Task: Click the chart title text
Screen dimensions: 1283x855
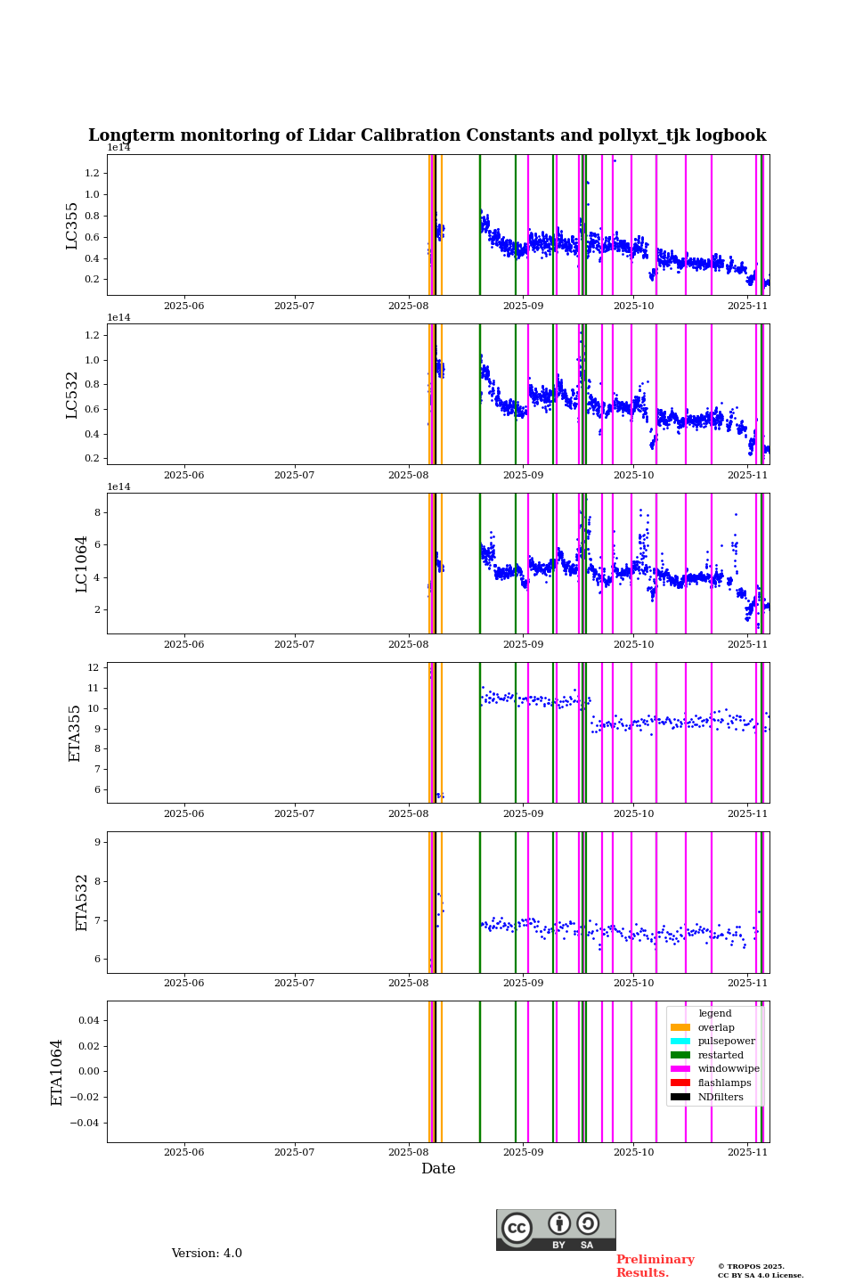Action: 427,135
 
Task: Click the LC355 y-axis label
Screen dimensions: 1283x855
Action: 72,225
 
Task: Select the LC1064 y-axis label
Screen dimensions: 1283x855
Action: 82,564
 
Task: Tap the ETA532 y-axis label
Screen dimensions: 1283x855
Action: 82,903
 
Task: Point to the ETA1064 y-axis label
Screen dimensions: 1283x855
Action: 57,1072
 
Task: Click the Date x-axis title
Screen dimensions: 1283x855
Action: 438,1169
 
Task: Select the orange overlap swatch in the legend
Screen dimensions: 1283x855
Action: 680,1027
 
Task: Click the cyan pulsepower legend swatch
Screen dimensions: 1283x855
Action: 680,1042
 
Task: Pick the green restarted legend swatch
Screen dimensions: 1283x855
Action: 680,1055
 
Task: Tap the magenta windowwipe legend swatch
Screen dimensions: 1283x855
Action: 680,1069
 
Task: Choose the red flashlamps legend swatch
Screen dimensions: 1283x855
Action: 680,1083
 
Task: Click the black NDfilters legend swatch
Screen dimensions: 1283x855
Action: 680,1097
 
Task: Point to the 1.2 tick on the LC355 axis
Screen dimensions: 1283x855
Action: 93,173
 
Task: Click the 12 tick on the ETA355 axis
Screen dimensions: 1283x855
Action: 93,667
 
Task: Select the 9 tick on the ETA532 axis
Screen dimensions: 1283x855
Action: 96,842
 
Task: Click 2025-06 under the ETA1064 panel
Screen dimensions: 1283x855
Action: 183,1153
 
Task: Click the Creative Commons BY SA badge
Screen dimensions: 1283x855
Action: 556,1230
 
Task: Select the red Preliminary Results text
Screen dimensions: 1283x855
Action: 655,1266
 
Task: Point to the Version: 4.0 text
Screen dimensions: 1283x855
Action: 207,1254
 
